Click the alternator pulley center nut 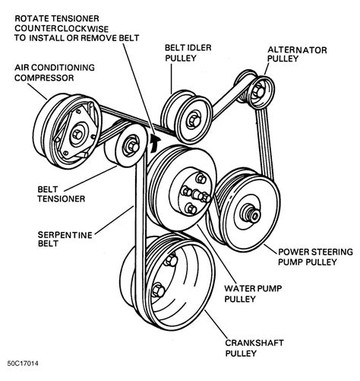pyautogui.click(x=259, y=90)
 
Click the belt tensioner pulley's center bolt pyautogui.click(x=131, y=146)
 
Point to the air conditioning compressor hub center pyautogui.click(x=77, y=134)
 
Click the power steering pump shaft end pyautogui.click(x=253, y=215)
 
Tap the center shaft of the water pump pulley pyautogui.click(x=199, y=195)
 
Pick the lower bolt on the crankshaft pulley pyautogui.click(x=158, y=290)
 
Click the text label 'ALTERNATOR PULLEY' pyautogui.click(x=297, y=54)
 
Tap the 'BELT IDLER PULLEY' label pyautogui.click(x=188, y=52)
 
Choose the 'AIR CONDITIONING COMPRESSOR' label pyautogui.click(x=55, y=72)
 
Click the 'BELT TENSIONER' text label pyautogui.click(x=62, y=194)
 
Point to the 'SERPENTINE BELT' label pyautogui.click(x=65, y=239)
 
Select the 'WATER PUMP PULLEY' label pyautogui.click(x=253, y=294)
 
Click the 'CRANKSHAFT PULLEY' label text pyautogui.click(x=254, y=348)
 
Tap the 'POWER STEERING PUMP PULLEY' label pyautogui.click(x=315, y=257)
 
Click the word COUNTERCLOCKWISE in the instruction pyautogui.click(x=62, y=28)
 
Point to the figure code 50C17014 pyautogui.click(x=23, y=364)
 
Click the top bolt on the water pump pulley pyautogui.click(x=201, y=179)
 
